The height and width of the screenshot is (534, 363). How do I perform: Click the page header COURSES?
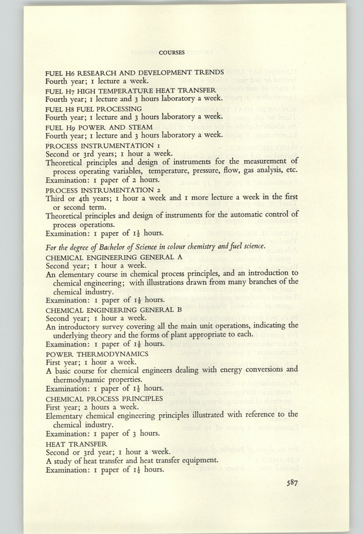[171, 53]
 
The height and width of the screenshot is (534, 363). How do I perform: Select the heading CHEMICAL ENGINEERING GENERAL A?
[114, 257]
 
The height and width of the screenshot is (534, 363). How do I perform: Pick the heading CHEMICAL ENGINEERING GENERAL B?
[114, 310]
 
